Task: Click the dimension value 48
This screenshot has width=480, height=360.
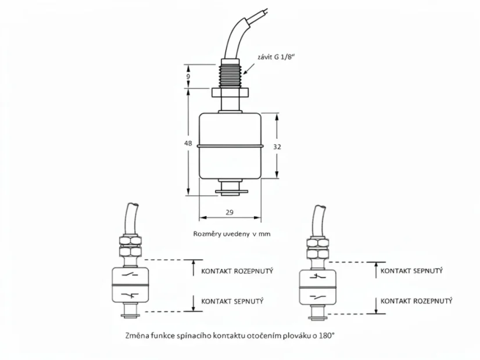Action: tap(188, 143)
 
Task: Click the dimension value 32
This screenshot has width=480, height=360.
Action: tap(277, 147)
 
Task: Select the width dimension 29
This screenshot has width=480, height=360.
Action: tap(230, 212)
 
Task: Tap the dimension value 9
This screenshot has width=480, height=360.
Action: tap(188, 76)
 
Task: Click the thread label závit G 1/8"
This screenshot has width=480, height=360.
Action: tap(277, 57)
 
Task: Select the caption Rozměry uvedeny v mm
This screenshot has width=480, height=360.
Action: tap(232, 233)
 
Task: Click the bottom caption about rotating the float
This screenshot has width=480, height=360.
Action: tap(230, 336)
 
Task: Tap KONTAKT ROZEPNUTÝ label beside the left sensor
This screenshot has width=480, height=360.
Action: tap(237, 271)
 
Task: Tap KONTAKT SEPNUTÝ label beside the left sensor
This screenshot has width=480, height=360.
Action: tap(232, 301)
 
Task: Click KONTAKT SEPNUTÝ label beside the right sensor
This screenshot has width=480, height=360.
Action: tap(411, 271)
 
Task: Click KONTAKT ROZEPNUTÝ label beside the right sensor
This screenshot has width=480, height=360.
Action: tap(416, 301)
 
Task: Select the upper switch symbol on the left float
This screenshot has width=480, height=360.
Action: tap(130, 275)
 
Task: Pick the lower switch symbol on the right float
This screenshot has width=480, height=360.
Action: tap(317, 297)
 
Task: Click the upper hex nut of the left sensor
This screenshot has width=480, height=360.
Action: tap(130, 240)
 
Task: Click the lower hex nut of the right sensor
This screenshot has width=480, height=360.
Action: tap(317, 254)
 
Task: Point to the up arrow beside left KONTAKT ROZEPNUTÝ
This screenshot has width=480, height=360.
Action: tap(193, 268)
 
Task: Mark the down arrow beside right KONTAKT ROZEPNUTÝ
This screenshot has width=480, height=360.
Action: tap(376, 305)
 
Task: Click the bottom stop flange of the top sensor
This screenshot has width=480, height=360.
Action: tap(231, 192)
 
